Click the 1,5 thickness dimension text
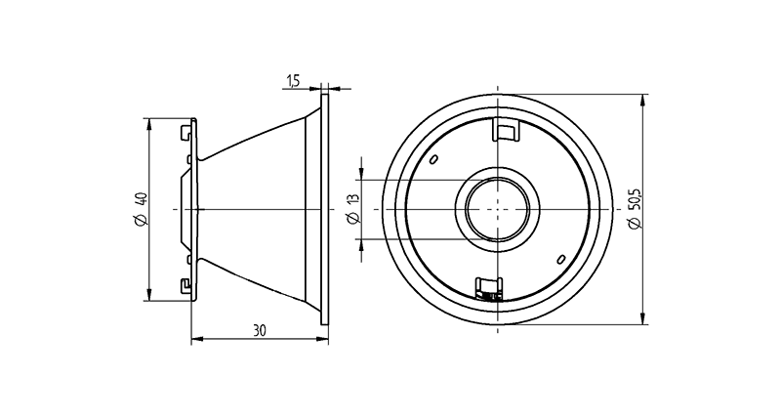294,79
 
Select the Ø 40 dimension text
140,210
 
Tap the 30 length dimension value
259,330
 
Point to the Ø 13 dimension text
353,209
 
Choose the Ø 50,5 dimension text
636,210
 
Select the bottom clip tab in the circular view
487,288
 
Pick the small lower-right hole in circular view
560,259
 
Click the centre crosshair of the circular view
498,209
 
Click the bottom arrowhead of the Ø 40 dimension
148,296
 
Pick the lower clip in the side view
186,285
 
